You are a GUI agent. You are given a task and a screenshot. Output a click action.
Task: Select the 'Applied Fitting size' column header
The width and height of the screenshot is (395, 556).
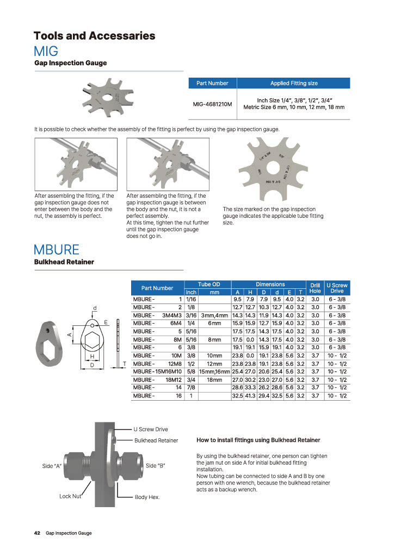pos(294,83)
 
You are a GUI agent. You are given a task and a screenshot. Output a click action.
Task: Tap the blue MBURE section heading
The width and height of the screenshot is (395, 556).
pos(57,250)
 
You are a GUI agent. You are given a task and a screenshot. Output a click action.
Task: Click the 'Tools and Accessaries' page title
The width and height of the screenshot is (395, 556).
pos(94,36)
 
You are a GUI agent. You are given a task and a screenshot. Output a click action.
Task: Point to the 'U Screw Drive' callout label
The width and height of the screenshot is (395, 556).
pos(151,429)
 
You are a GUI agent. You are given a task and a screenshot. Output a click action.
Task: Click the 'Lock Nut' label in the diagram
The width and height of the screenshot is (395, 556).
pos(70,496)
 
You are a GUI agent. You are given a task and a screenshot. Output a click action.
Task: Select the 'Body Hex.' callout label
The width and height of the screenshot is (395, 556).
pos(147,497)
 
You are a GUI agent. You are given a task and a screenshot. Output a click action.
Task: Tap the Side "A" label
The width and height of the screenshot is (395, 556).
pos(52,466)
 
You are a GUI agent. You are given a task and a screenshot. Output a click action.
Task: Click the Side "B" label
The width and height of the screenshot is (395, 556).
pos(156,466)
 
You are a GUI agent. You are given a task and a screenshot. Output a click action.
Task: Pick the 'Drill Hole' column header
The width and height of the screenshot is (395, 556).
pos(314,288)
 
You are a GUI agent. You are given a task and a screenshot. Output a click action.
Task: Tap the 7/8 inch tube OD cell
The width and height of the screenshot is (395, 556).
pos(191,388)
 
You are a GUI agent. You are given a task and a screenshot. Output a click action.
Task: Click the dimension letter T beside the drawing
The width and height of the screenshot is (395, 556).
pos(125,364)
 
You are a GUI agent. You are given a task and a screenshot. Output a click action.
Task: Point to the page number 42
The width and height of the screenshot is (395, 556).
pos(38,533)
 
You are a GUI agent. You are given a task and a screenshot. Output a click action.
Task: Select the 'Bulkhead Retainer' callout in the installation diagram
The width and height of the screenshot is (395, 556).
pos(156,440)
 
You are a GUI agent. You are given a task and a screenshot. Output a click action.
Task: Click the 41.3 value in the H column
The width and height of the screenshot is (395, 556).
pos(250,396)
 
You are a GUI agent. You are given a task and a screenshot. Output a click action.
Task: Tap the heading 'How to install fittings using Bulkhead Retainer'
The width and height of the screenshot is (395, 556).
pos(258,440)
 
